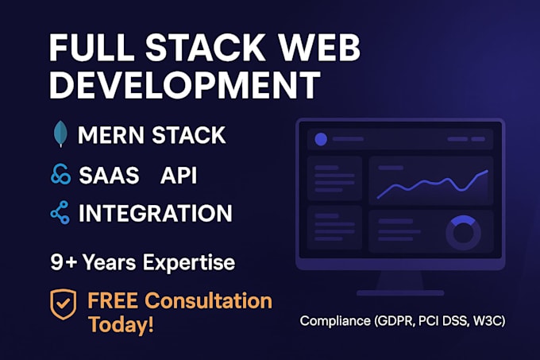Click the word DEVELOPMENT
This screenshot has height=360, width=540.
(185, 85)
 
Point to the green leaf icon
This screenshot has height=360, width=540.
(60, 135)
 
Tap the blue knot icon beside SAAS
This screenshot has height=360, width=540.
(60, 175)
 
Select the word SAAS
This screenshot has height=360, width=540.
(110, 175)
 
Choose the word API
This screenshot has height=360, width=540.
(179, 175)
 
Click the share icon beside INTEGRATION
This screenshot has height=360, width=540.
(60, 213)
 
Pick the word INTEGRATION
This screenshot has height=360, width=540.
(155, 213)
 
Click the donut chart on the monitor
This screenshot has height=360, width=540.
(463, 233)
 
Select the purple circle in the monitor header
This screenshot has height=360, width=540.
(321, 139)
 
